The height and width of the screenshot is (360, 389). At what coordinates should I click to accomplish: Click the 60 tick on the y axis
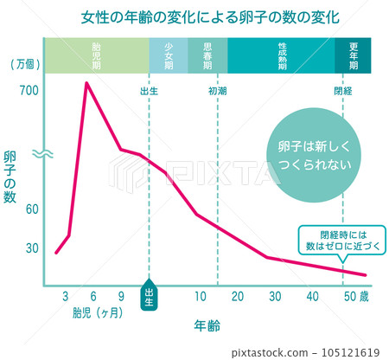point(33,209)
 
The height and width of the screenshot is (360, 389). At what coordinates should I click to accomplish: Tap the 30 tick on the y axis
point(33,248)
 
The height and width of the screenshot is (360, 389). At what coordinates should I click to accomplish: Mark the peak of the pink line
point(86,83)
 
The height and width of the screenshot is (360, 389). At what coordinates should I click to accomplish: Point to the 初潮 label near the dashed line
point(218,90)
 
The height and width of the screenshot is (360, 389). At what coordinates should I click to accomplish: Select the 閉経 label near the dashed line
point(343,90)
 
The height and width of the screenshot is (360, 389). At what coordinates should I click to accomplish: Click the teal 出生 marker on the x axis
point(149,295)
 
